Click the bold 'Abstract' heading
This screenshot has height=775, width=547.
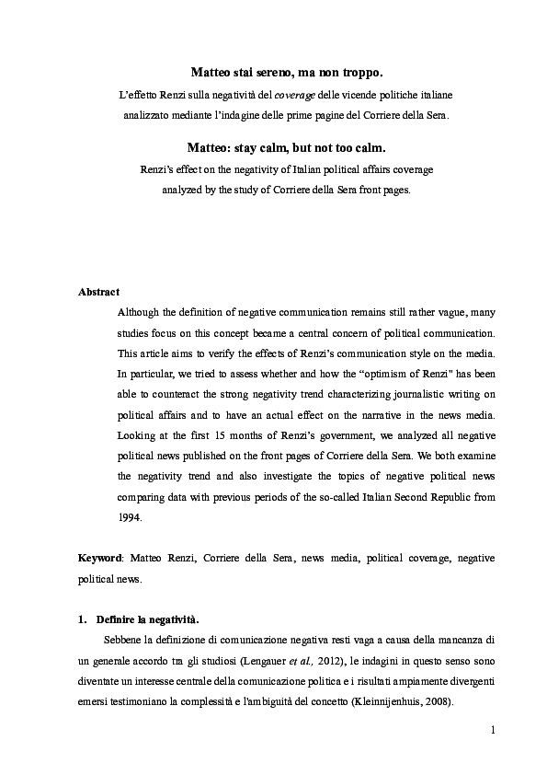point(98,292)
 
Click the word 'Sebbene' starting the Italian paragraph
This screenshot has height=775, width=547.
point(125,641)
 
